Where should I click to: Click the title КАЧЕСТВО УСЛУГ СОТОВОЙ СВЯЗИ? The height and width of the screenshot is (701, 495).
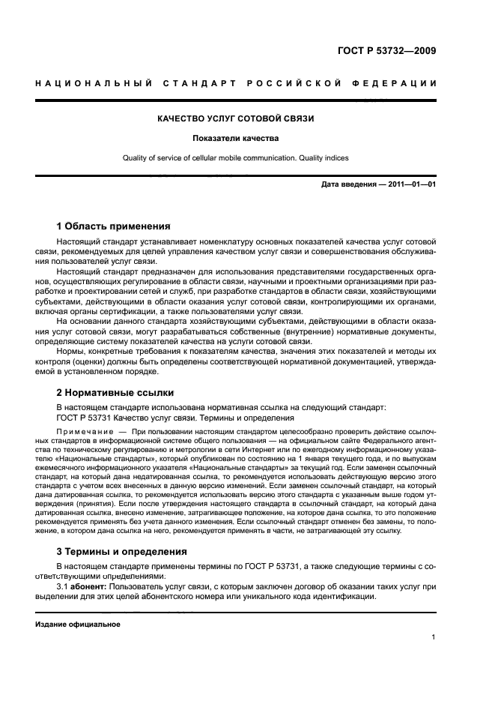click(235, 118)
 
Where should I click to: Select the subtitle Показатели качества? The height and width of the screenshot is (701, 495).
click(235, 138)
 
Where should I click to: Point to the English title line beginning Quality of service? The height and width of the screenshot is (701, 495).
click(235, 157)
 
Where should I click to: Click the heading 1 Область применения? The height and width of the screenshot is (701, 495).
click(113, 226)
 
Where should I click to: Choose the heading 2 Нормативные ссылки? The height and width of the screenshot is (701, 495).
click(115, 392)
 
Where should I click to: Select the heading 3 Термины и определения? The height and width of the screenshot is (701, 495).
click(123, 550)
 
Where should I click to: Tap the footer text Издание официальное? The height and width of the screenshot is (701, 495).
click(78, 625)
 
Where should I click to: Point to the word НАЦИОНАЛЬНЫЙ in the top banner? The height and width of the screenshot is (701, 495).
click(88, 82)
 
